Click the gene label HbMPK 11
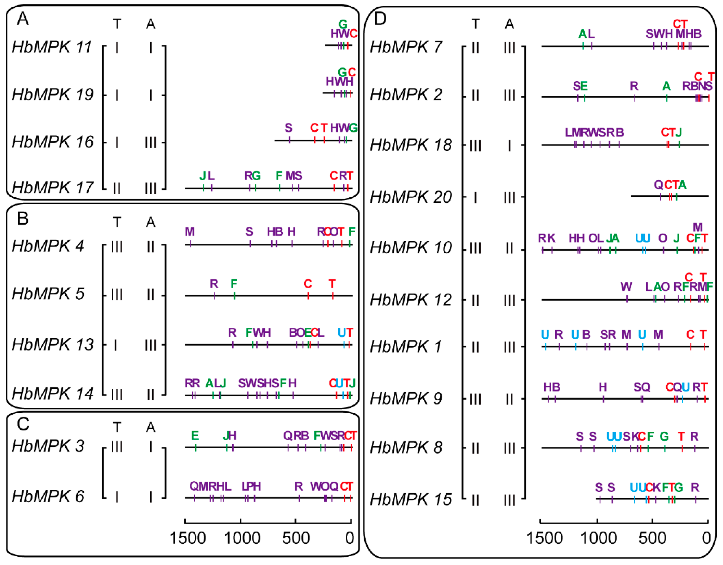point(52,47)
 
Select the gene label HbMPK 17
point(53,188)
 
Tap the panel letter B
point(23,219)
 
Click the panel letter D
point(380,19)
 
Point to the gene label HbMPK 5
point(48,294)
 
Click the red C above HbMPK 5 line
point(308,284)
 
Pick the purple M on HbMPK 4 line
point(189,232)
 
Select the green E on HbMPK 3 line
point(195,436)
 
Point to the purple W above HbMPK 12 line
point(626,286)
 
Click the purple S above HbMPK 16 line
point(288,128)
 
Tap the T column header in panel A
point(117,24)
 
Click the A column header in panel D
point(509,24)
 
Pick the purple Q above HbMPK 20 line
point(658,185)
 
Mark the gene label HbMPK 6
point(48,497)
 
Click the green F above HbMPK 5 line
point(234,284)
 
